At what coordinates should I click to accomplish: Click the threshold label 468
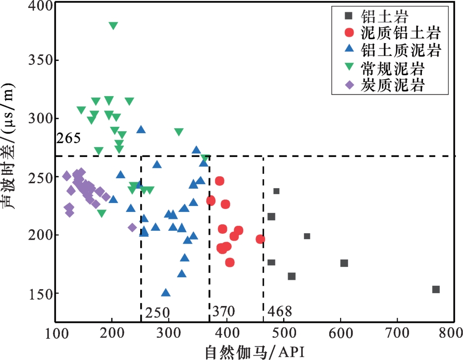pyautogui.click(x=279, y=311)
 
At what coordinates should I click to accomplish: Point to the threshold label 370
pyautogui.click(x=223, y=311)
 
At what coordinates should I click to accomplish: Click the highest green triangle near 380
pyautogui.click(x=113, y=26)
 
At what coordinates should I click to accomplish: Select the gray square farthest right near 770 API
pyautogui.click(x=436, y=289)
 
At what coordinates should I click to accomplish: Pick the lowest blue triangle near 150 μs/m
pyautogui.click(x=165, y=293)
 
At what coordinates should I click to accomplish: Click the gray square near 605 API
pyautogui.click(x=344, y=263)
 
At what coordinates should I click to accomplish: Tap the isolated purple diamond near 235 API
pyautogui.click(x=132, y=227)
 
